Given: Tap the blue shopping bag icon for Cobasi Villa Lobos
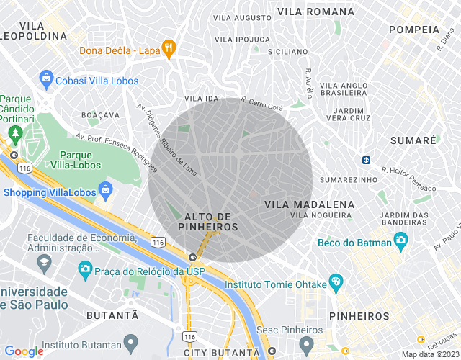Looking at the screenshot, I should pyautogui.click(x=47, y=76).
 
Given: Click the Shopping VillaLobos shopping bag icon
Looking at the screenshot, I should pyautogui.click(x=106, y=191).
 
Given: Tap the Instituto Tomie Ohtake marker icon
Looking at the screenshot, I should pyautogui.click(x=335, y=282).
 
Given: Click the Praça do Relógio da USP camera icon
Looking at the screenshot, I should pyautogui.click(x=85, y=268).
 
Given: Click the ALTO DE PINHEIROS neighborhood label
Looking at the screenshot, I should pyautogui.click(x=211, y=222).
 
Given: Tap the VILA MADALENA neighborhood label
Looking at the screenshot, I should pyautogui.click(x=310, y=204).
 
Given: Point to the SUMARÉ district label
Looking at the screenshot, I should pyautogui.click(x=413, y=140).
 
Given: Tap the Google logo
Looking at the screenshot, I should pyautogui.click(x=24, y=351).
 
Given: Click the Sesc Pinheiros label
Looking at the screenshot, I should pyautogui.click(x=290, y=329).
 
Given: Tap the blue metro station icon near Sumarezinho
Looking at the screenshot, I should pyautogui.click(x=366, y=160).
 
